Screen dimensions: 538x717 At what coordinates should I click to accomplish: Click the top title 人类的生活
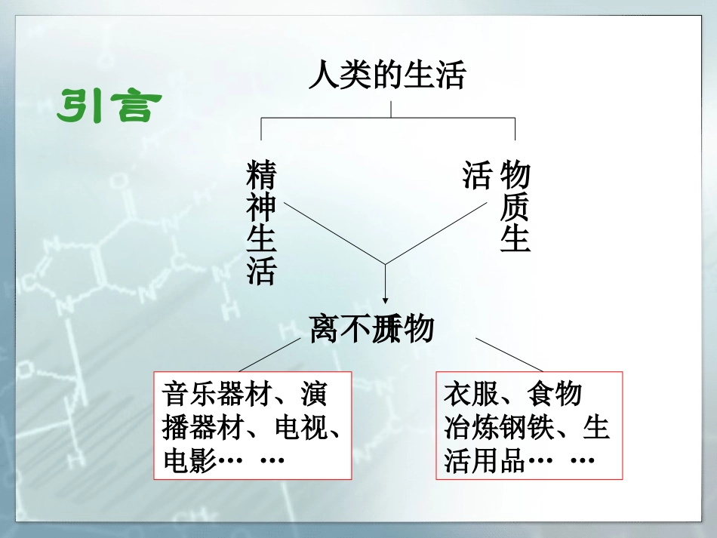(x=387, y=76)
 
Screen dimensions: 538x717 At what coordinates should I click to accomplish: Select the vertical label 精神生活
(x=261, y=220)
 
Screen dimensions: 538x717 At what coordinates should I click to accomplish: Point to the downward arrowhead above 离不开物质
(x=386, y=297)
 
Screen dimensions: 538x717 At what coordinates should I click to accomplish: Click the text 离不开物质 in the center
(x=371, y=329)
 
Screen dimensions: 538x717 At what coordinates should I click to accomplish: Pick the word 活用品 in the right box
(x=485, y=460)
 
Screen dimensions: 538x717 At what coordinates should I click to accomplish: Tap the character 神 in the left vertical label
(x=261, y=206)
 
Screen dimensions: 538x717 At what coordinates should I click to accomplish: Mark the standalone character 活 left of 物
(x=477, y=176)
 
